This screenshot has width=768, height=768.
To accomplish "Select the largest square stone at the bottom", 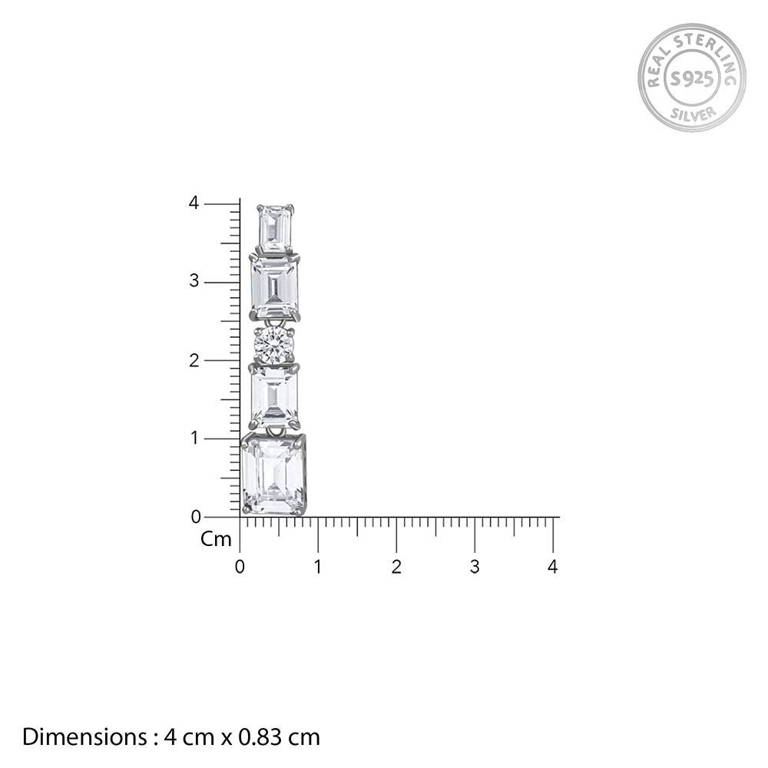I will [273, 474].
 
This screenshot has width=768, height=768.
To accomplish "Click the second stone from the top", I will [274, 286].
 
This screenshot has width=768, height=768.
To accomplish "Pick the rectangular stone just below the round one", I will [274, 396].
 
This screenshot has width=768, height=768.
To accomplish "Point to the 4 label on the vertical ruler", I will [194, 204].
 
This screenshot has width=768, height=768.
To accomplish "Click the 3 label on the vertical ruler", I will [194, 282].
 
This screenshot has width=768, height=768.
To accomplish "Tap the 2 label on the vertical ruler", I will [194, 360].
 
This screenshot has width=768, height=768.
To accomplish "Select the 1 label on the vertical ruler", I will [194, 439].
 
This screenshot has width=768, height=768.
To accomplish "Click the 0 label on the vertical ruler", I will [195, 517].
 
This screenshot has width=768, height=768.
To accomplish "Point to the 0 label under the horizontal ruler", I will [240, 568].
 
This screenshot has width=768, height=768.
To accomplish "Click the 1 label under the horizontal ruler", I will [318, 568].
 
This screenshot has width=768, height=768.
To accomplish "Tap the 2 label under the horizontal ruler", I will [396, 568].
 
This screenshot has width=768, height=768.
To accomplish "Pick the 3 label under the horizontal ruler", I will [475, 568].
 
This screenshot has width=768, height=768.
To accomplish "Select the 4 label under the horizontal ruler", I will [553, 568].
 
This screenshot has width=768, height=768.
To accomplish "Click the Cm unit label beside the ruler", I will [216, 540].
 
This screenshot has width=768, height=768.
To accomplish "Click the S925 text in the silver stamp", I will [691, 78].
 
